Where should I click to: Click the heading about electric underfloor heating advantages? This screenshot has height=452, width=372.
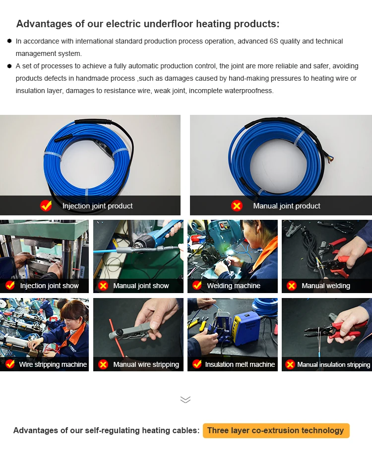[148, 24]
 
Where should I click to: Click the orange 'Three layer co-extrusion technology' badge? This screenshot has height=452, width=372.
[276, 430]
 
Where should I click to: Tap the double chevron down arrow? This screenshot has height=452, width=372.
[186, 400]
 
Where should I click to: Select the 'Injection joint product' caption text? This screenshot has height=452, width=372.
[98, 206]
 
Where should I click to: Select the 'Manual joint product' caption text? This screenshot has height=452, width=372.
[287, 206]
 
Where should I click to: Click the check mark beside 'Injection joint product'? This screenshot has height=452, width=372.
[46, 205]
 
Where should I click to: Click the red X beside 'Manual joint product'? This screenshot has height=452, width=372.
[237, 206]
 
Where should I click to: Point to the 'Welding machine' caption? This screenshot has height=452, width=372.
[234, 286]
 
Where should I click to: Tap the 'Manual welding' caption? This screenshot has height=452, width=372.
[326, 286]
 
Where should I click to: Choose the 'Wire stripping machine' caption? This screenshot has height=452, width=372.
[53, 364]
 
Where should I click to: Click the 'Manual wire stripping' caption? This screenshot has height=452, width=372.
[146, 364]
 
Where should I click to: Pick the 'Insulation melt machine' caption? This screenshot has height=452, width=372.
[240, 364]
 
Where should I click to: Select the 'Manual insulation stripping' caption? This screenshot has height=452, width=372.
[334, 364]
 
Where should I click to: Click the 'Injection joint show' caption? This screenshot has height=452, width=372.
[49, 286]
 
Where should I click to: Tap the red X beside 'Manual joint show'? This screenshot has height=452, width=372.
[103, 286]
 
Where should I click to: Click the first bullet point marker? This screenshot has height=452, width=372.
[9, 41]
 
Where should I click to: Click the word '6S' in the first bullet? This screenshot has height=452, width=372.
[274, 41]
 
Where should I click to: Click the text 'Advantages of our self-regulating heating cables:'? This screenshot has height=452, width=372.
[106, 430]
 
